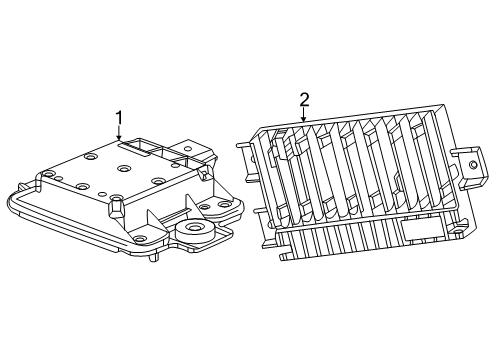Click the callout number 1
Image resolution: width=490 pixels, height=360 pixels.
tap(119, 119)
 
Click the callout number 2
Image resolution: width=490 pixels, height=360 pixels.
tap(304, 100)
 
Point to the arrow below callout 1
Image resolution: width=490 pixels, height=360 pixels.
tap(119, 133)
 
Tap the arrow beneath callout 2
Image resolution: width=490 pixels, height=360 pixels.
tap(303, 114)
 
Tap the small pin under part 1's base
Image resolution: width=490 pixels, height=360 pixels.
tap(154, 257)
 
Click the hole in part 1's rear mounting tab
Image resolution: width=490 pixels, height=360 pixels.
tap(189, 148)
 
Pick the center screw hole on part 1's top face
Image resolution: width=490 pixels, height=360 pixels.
tap(124, 169)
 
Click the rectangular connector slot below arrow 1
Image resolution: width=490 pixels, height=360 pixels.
tap(138, 147)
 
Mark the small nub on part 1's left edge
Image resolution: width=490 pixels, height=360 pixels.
tap(21, 186)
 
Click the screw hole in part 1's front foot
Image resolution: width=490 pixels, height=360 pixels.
tap(139, 238)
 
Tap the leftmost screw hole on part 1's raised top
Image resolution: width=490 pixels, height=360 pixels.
tap(50, 174)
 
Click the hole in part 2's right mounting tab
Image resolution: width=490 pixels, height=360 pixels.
tap(472, 164)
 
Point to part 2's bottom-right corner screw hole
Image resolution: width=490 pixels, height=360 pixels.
tap(458, 231)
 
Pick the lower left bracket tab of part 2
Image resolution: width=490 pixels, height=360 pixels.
tap(262, 228)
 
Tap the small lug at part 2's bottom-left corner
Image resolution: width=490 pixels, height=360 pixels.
tap(286, 256)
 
